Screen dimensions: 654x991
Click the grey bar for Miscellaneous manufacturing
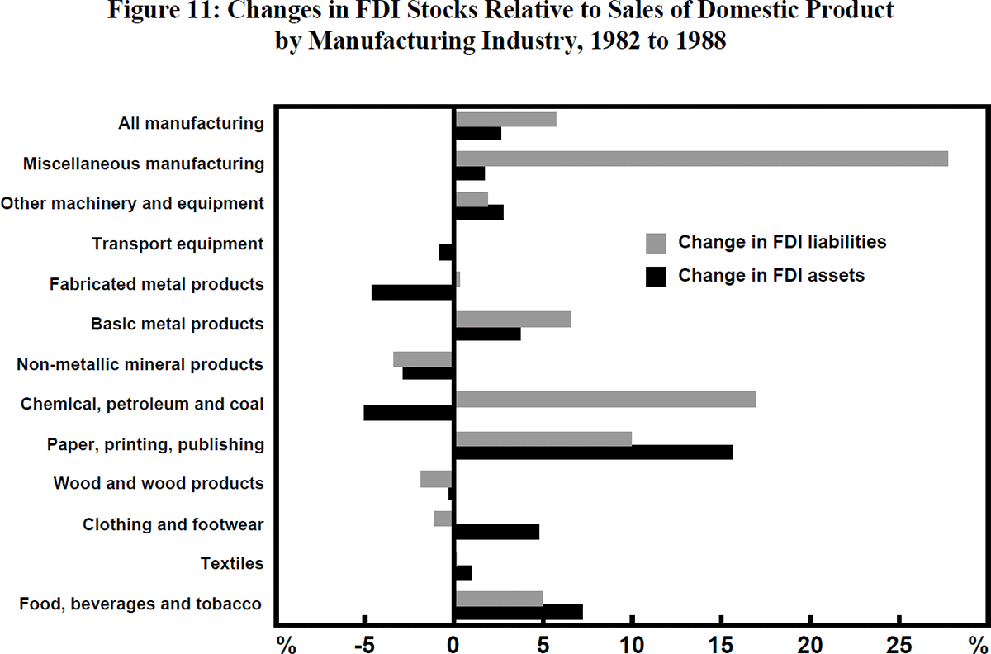click(x=701, y=159)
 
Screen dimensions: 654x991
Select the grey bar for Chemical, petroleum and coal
click(x=605, y=400)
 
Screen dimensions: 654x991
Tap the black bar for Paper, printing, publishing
click(x=593, y=453)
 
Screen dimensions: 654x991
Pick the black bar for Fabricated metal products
click(x=413, y=292)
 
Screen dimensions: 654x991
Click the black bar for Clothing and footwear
click(x=496, y=532)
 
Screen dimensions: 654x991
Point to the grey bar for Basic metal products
click(x=513, y=320)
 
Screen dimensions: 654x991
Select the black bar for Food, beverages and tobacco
click(x=519, y=612)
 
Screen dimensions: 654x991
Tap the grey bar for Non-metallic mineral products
click(x=423, y=359)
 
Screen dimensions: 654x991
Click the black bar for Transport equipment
click(x=447, y=252)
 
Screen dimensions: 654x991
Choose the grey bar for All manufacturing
click(x=505, y=119)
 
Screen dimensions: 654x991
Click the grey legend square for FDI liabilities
click(x=656, y=243)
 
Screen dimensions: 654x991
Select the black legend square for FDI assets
click(x=656, y=276)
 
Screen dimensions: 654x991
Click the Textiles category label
click(x=232, y=564)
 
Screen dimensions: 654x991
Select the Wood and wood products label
click(x=159, y=483)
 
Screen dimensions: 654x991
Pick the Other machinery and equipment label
click(x=133, y=203)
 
